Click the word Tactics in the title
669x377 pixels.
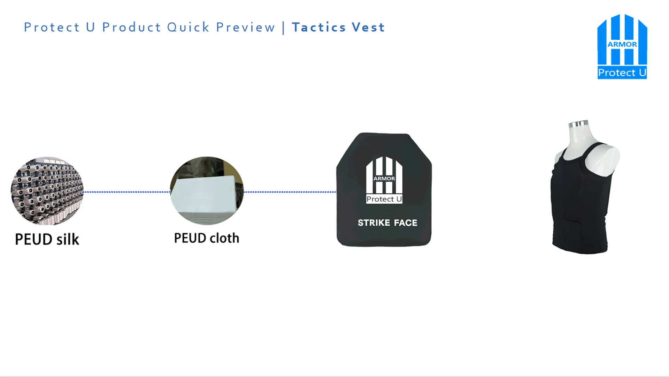319,27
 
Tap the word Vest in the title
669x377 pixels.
368,27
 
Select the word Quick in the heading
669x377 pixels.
188,27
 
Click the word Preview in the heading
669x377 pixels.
245,27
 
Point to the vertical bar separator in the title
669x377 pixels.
283,28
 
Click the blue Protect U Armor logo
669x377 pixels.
622,46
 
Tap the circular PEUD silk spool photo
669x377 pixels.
47,191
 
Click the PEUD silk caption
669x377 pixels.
47,240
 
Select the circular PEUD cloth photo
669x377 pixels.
207,191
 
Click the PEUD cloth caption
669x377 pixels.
207,238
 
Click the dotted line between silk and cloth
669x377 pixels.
126,192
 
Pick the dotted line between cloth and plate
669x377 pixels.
290,192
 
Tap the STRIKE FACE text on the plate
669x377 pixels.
387,223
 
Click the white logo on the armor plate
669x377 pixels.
384,180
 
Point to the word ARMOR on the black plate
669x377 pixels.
384,179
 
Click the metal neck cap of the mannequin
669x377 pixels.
578,123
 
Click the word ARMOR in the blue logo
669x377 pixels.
622,44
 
